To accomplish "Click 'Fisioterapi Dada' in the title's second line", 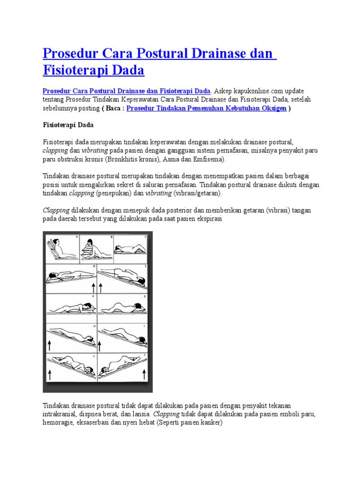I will pos(93,71).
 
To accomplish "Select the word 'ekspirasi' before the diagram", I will pos(206,219).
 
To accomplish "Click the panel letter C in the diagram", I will pos(146,236).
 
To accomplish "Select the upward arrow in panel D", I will pos(93,287).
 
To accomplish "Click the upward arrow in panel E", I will pos(100,287).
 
